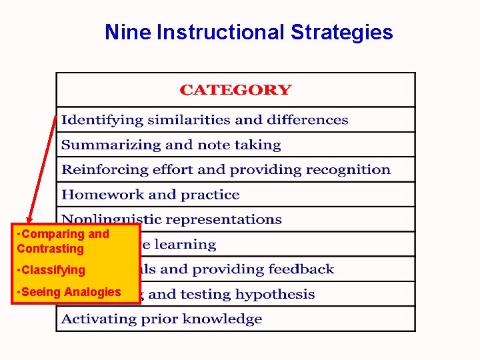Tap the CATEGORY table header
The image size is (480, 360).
(235, 90)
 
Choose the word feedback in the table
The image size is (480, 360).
(301, 269)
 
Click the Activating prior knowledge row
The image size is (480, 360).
(162, 319)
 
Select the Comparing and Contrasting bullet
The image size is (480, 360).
(63, 241)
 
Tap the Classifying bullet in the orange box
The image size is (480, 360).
(54, 270)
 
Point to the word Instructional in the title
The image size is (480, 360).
(219, 32)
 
